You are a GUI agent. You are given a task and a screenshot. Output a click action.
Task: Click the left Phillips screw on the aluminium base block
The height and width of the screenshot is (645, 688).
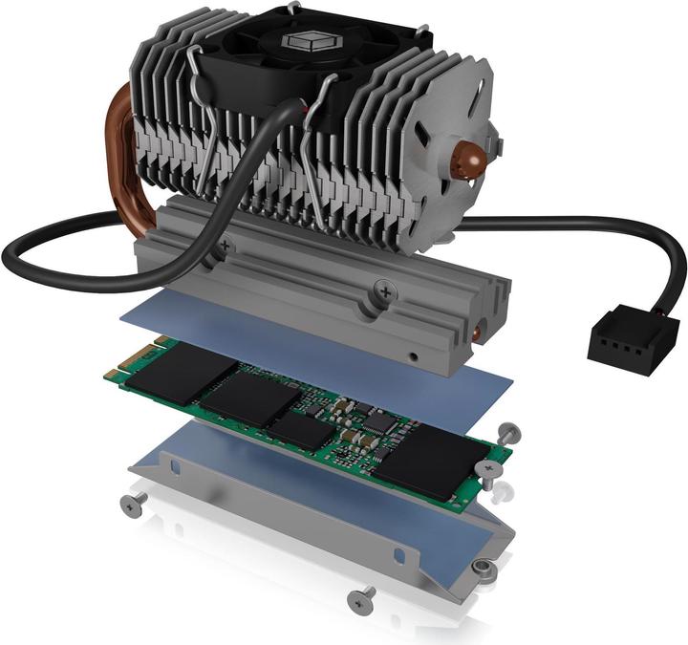[x=226, y=247]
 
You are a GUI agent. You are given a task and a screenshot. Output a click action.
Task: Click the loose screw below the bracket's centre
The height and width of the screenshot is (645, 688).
[x=361, y=600]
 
